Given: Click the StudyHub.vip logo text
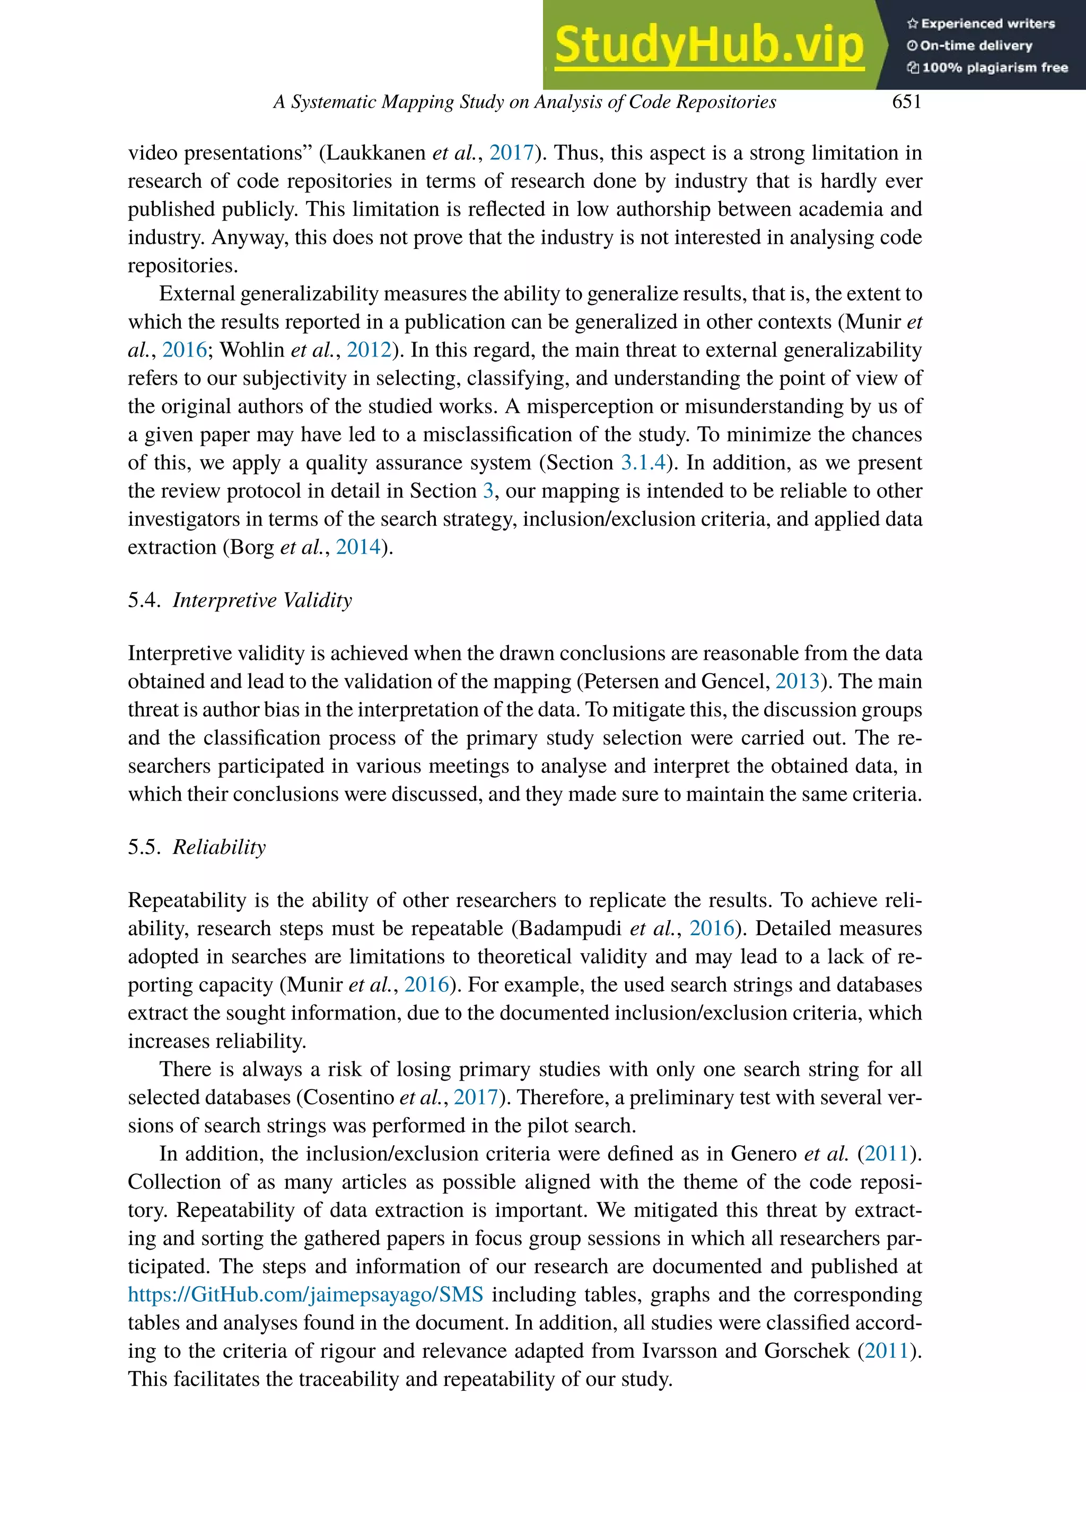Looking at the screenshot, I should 709,46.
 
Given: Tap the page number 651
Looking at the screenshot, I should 906,102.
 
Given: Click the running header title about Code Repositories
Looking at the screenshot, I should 524,102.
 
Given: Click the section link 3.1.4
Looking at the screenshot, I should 643,463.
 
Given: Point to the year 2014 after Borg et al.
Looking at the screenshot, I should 358,547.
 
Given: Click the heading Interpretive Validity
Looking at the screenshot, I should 262,600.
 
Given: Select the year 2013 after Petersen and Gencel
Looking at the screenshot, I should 797,682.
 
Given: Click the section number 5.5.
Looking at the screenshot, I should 144,847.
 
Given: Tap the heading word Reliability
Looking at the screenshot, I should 220,847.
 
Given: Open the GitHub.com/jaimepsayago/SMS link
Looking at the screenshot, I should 305,1294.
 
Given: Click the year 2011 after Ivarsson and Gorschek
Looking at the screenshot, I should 887,1350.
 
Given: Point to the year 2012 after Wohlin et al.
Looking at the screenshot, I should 369,350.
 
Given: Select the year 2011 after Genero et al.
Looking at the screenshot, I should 887,1153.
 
